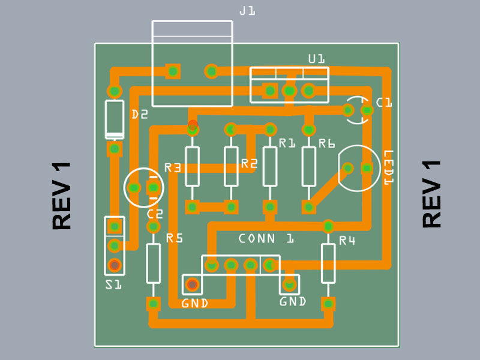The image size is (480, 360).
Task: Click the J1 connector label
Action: (247, 11)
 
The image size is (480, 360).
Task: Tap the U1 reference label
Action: (316, 59)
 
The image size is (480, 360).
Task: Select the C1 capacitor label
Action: (384, 103)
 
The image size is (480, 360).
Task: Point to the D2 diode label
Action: (139, 115)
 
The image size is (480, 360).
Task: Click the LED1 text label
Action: (388, 167)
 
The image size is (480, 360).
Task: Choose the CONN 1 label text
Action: (266, 239)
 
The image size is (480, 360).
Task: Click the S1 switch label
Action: (113, 284)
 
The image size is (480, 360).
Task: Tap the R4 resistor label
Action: (347, 241)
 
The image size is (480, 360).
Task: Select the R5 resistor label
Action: (174, 238)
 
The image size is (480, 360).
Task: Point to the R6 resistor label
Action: (326, 143)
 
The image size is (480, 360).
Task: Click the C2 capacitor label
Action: (155, 214)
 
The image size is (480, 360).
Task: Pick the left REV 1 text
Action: (62, 196)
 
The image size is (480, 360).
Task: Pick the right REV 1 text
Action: (432, 194)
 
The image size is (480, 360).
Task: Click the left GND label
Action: (194, 304)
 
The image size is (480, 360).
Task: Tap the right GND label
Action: (293, 301)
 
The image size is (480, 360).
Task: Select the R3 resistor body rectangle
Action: (192, 167)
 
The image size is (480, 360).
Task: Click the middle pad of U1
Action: (289, 91)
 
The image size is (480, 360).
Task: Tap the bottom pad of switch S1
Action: (114, 265)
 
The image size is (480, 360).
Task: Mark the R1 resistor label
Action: (287, 143)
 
